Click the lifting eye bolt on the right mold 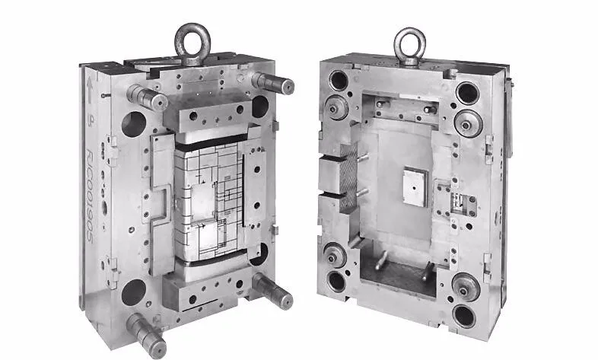point(409,43)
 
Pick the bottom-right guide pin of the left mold point(272,290)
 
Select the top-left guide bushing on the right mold point(338,106)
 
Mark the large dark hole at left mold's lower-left point(132,291)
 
